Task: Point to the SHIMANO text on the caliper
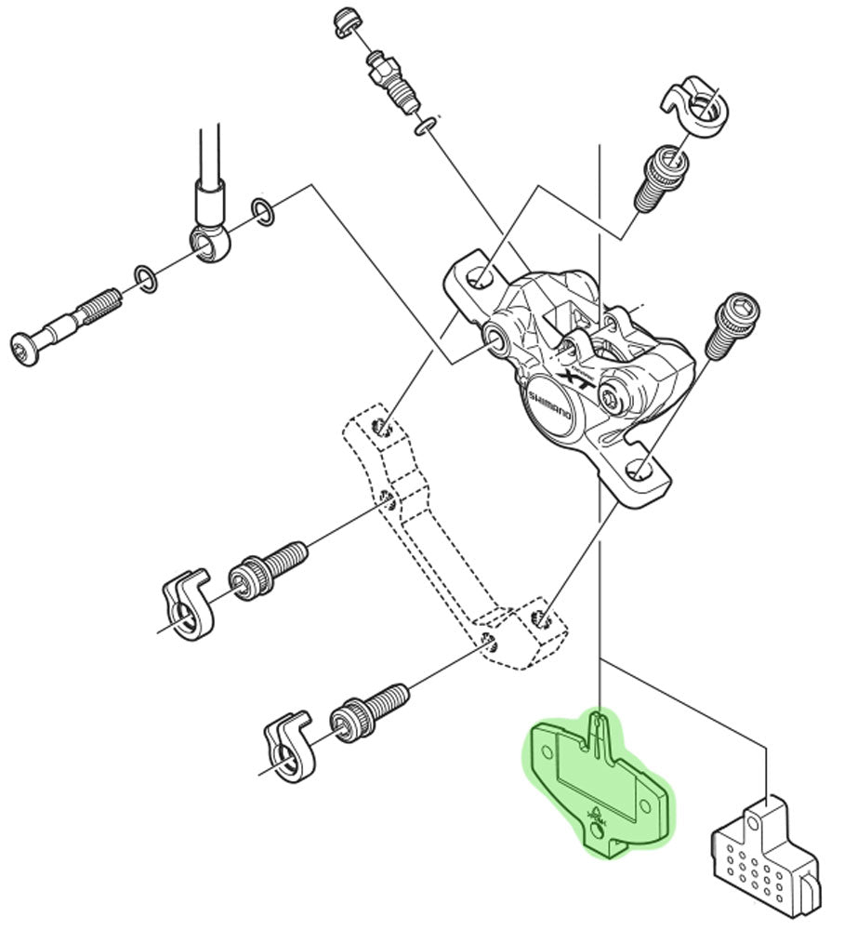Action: coord(549,410)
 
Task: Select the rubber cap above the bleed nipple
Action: coord(348,21)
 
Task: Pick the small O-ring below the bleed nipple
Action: coord(424,126)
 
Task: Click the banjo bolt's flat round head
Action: coord(25,350)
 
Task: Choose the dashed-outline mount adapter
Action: coord(437,539)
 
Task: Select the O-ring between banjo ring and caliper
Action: coord(263,212)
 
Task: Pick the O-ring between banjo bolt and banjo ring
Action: coord(145,276)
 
